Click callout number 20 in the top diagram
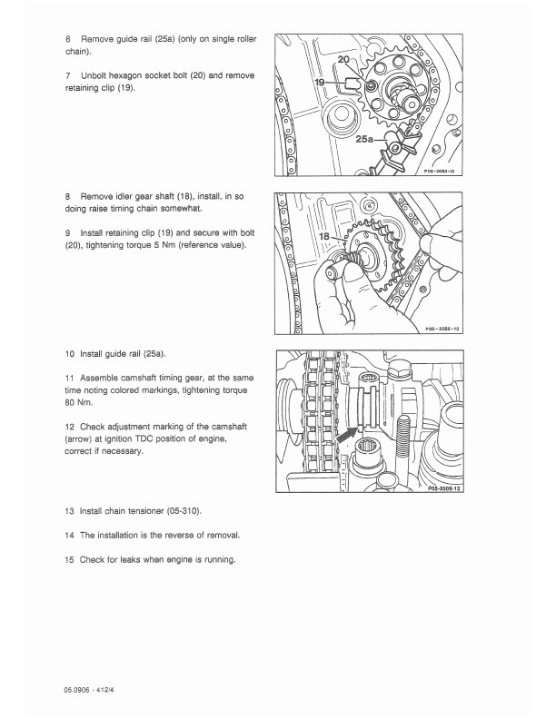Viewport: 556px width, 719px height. tap(343, 59)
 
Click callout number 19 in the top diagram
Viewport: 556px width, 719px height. tap(320, 82)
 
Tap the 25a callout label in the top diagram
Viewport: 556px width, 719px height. tap(364, 139)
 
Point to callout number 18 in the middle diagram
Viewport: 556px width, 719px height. tap(323, 236)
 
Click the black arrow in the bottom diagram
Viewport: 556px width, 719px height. tap(346, 434)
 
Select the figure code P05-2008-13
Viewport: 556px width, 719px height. tap(444, 488)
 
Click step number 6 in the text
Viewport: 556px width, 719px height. tap(68, 39)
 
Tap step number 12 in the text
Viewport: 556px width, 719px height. tap(69, 427)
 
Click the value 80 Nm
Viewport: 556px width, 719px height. tap(78, 402)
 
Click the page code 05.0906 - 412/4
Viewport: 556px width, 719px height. tap(89, 689)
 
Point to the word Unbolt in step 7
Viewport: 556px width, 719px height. tap(94, 75)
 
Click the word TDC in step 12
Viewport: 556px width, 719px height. tap(144, 438)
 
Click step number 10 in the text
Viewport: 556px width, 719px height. tap(69, 354)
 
